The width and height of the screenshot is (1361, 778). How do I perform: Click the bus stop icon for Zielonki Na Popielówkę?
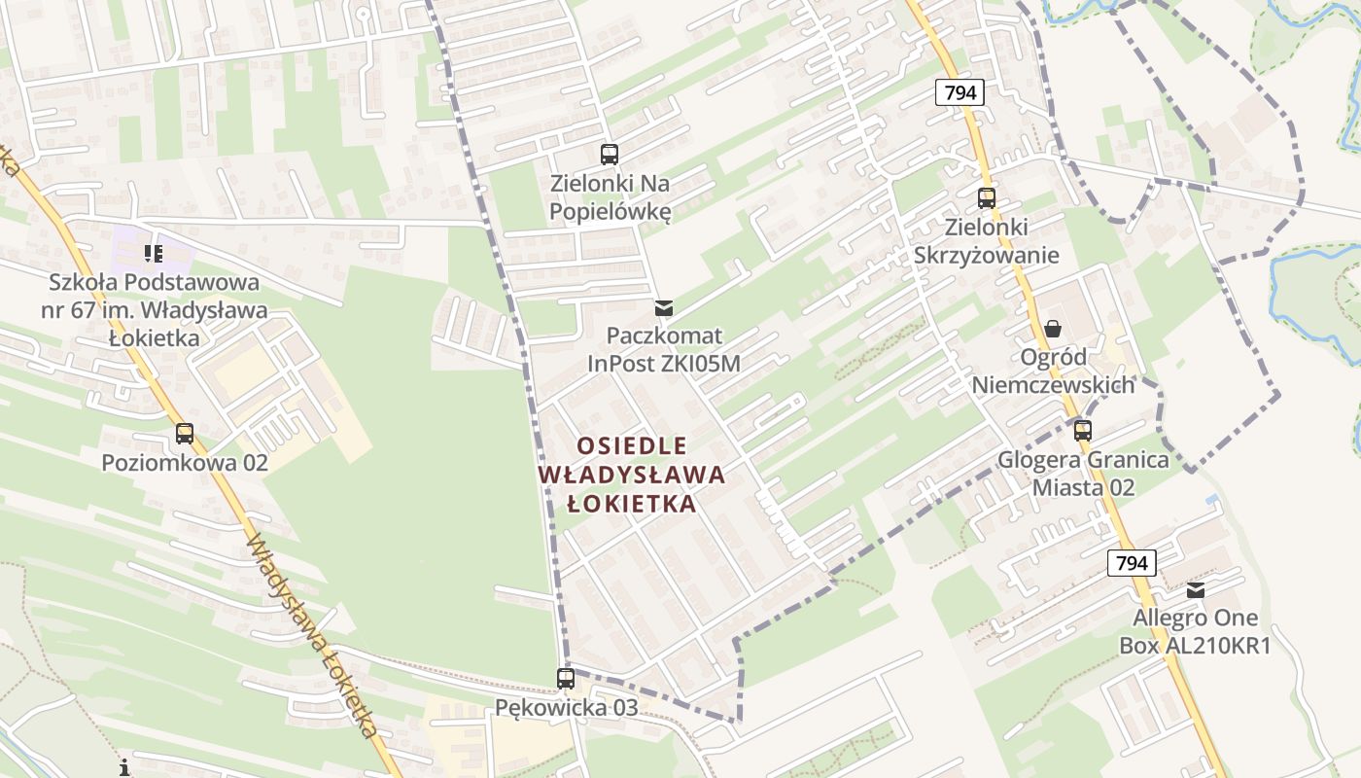(610, 154)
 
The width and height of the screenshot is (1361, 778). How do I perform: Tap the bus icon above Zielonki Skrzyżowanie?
(987, 197)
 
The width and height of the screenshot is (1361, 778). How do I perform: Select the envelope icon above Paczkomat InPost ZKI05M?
(664, 308)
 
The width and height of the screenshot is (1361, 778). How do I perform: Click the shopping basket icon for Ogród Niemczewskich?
(1053, 329)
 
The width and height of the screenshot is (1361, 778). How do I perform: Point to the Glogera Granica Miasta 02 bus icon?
(1083, 430)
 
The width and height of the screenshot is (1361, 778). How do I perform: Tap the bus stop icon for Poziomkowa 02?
(185, 434)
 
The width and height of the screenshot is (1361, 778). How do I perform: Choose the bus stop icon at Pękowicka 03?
(566, 679)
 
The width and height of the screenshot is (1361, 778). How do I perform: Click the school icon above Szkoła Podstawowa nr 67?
(153, 254)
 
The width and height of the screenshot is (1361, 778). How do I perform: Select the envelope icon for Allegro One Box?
(1196, 589)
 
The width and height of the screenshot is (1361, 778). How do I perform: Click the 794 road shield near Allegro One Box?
(1132, 562)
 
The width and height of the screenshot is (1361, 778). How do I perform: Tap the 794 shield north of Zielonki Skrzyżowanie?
(961, 92)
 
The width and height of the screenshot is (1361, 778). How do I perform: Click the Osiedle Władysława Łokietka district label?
(632, 475)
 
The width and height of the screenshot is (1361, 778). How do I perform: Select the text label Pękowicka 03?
(567, 707)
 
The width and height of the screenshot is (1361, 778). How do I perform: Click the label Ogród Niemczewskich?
(1053, 371)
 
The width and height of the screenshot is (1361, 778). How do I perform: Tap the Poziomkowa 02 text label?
(185, 462)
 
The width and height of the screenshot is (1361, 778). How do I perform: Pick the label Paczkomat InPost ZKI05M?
(664, 349)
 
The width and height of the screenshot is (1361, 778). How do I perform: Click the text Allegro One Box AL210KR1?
(1196, 631)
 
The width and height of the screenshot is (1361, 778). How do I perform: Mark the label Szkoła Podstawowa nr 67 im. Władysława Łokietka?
(156, 310)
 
